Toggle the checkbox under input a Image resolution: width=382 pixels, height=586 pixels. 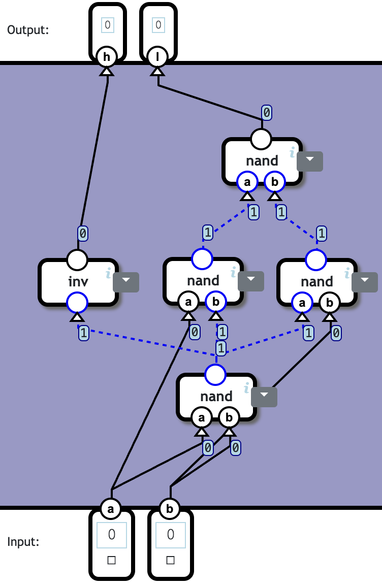point(112,561)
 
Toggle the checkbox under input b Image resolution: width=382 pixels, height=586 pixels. point(171,561)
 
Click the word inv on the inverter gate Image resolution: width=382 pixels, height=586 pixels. point(78,281)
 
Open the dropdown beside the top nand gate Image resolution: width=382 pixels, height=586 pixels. point(309,161)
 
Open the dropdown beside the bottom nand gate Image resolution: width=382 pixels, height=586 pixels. point(264,397)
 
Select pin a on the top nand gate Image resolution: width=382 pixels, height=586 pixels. point(247,181)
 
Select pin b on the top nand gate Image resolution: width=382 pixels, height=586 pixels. point(275,181)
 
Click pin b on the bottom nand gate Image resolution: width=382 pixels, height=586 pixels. point(229,418)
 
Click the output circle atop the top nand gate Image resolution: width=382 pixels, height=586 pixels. point(262,139)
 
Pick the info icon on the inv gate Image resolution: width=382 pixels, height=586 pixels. point(108,274)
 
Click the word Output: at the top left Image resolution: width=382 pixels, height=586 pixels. point(28,29)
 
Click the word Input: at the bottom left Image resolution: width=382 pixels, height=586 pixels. point(23,542)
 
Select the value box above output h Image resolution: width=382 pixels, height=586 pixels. point(107,24)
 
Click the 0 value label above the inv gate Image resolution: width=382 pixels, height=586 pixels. point(83,234)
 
